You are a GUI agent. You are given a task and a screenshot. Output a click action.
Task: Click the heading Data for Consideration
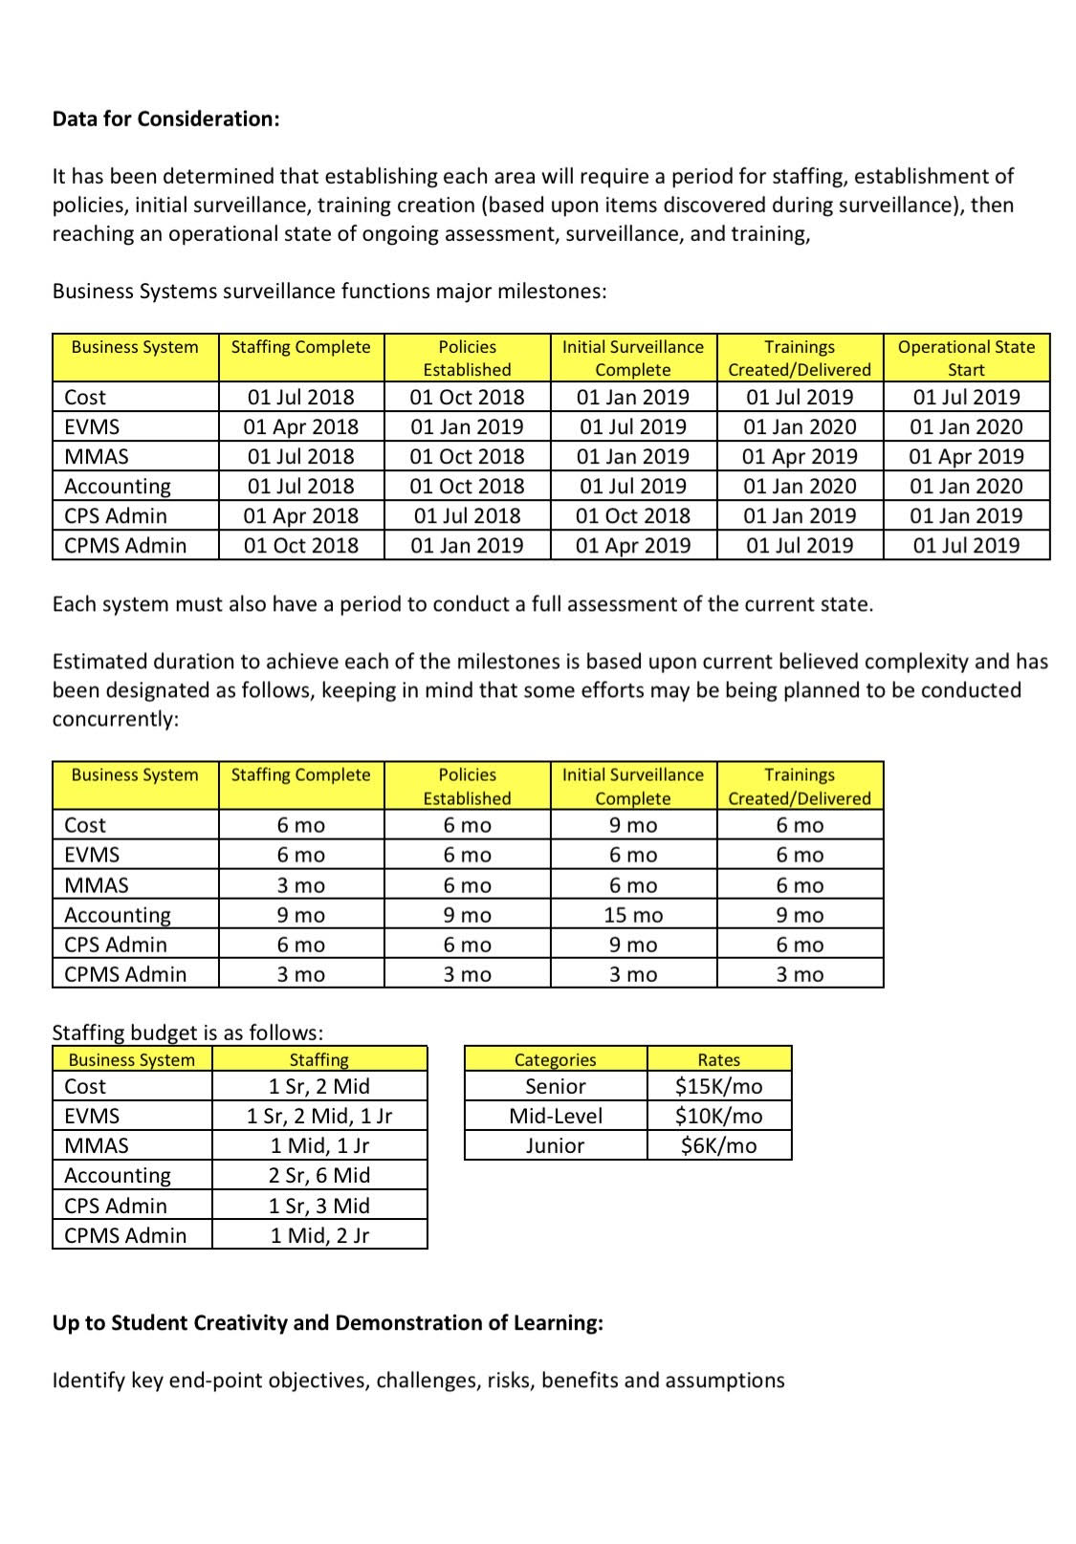(165, 119)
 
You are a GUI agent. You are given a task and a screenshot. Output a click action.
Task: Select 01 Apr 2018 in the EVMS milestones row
(300, 426)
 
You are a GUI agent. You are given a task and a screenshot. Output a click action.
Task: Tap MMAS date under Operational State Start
(966, 456)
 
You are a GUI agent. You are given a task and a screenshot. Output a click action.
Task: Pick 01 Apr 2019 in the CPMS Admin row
(632, 545)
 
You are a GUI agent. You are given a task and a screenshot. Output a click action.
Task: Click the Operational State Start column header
(966, 358)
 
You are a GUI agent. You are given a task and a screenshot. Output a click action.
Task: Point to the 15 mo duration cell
(632, 915)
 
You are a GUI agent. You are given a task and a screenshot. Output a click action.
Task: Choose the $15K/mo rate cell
(718, 1086)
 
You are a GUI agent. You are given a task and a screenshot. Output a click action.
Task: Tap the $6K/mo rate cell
(718, 1145)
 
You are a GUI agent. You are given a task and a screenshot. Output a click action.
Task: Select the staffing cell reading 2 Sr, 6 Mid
(318, 1175)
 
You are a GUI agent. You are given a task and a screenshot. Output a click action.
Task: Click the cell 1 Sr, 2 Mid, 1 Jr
(318, 1116)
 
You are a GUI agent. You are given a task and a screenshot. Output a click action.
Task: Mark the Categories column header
(555, 1059)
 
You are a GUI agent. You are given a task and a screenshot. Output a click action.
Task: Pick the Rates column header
(718, 1059)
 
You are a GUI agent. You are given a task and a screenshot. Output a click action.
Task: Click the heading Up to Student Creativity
(327, 1322)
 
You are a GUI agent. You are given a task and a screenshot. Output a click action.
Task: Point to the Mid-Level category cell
(555, 1116)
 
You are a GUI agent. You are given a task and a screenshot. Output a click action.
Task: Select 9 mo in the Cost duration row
(632, 825)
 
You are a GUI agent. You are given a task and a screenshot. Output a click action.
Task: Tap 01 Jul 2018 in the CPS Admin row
(467, 515)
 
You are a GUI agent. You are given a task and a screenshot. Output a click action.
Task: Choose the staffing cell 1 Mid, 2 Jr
(318, 1235)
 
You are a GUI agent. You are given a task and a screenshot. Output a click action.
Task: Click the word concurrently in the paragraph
(115, 719)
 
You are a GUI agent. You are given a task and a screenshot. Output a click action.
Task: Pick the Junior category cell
(555, 1145)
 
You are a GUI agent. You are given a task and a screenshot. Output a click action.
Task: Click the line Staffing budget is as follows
(187, 1033)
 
